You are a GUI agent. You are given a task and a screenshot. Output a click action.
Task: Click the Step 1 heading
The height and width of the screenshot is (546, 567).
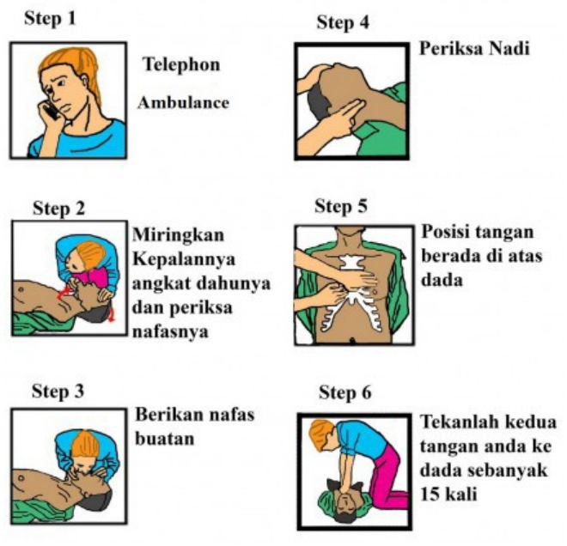pos(50,18)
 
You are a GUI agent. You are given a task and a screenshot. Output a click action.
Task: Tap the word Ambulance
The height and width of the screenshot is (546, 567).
pos(183,103)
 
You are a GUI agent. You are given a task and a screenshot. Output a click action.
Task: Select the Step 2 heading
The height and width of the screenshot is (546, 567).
pos(59,209)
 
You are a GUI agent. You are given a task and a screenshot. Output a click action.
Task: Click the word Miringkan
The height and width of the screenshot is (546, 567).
pos(179,235)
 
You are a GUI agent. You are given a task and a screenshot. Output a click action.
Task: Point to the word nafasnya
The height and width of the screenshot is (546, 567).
pos(170,331)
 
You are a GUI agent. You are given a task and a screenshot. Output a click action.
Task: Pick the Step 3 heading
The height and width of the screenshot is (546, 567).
pos(58,391)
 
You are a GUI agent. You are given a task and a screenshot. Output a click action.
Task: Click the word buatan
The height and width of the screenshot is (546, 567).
pos(165,439)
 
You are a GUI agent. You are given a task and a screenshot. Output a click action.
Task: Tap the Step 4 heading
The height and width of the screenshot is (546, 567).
pos(343,22)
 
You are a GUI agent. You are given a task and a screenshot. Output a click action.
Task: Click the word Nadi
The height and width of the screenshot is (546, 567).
pos(509,48)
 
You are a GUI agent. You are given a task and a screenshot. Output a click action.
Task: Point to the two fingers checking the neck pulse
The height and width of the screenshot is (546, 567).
pos(346,111)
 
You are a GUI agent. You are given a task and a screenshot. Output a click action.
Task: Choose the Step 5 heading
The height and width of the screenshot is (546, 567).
pos(341,207)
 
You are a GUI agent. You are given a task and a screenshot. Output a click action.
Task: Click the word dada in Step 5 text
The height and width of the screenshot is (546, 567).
pos(442,280)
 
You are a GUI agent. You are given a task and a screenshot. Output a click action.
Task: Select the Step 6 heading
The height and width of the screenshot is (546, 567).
pos(345,393)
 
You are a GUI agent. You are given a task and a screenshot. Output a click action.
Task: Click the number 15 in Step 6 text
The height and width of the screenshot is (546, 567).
pos(430,494)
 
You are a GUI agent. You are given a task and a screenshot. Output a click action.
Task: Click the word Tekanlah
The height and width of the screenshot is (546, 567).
pos(457,422)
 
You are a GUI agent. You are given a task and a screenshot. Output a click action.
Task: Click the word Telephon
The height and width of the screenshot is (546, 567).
pos(181,64)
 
